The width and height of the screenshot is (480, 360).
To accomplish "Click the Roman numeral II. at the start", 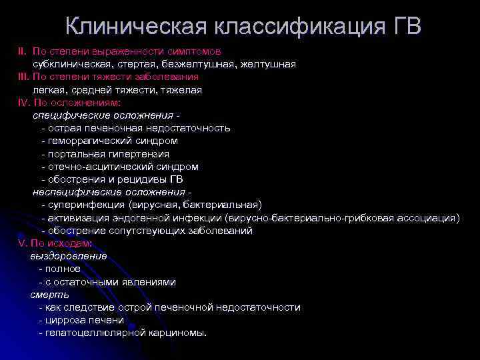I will click(22, 51).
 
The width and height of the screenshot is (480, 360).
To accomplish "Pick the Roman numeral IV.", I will click(24, 103).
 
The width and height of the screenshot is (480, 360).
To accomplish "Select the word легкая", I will click(49, 89).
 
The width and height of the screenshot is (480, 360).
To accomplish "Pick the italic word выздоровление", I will click(68, 256).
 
